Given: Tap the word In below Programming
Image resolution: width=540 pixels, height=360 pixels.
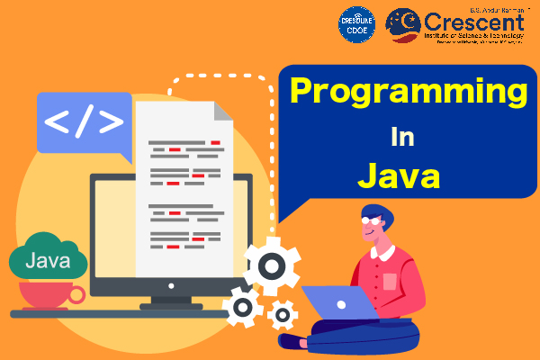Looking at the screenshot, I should (x=401, y=138).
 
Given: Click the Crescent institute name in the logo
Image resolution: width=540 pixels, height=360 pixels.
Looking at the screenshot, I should (x=481, y=22).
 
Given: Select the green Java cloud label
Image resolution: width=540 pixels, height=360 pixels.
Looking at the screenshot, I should (x=48, y=262).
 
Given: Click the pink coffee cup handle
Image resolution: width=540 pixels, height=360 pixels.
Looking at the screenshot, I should (x=76, y=294).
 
